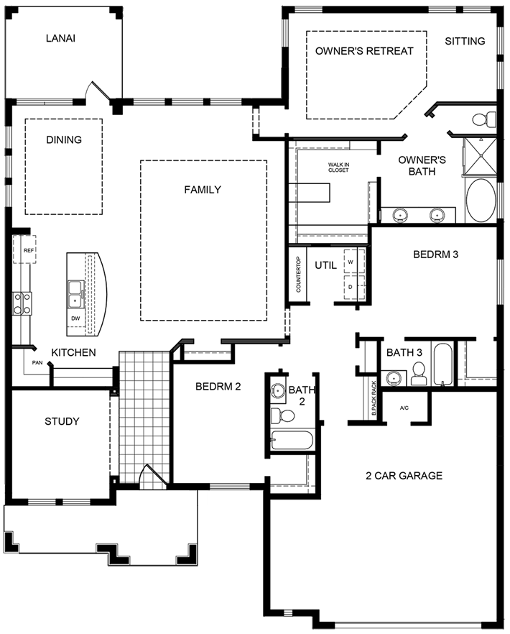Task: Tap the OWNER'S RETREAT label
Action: tap(364, 51)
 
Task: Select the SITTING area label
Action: tap(465, 41)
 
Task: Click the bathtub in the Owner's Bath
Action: tap(481, 201)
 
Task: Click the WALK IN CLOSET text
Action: tap(338, 167)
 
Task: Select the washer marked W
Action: tap(351, 262)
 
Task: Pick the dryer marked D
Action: tap(351, 286)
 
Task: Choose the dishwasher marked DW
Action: tap(75, 318)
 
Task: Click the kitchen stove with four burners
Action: tap(22, 303)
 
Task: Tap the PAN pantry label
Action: tap(37, 363)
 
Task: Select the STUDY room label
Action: tap(62, 421)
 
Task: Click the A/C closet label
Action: tap(404, 408)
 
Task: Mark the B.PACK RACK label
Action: tap(374, 399)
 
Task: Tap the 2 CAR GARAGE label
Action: tap(404, 475)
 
